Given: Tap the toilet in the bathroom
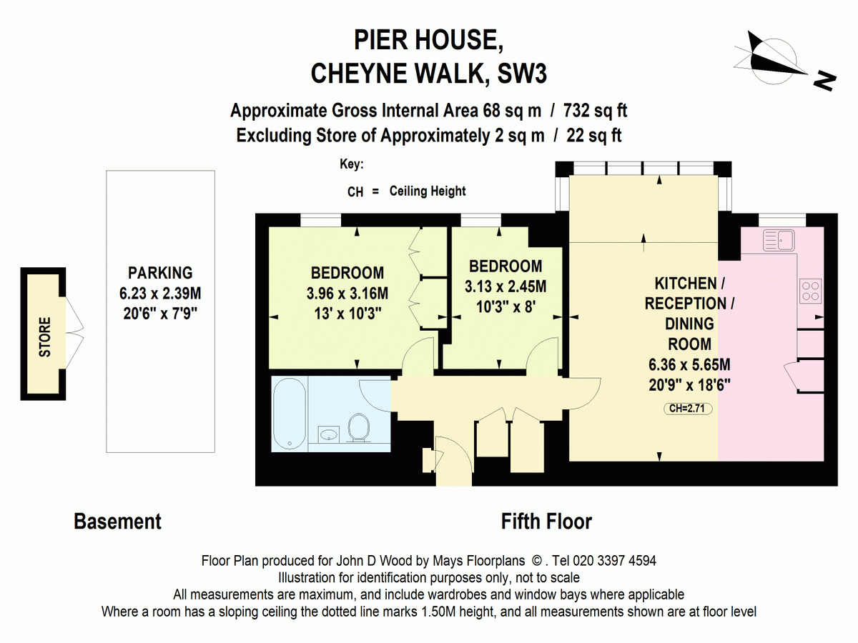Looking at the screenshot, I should (360, 431).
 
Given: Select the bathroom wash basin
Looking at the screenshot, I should (330, 434).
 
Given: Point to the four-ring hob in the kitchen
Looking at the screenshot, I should (810, 290).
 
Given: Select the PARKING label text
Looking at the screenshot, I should (160, 272).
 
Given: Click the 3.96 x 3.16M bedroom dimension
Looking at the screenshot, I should (347, 293).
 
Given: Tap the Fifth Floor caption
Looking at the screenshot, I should (546, 522).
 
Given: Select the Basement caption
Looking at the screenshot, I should (117, 522).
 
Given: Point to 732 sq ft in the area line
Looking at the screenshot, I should (596, 111).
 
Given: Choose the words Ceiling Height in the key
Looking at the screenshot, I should (428, 191).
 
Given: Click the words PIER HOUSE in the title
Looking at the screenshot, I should (428, 40).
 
